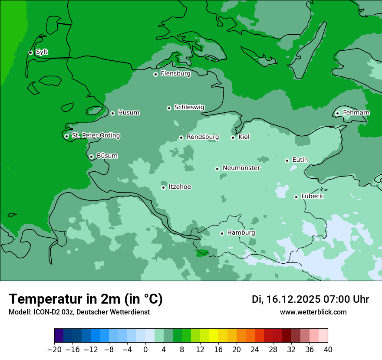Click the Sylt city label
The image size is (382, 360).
[42, 52]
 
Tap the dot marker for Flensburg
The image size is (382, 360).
[155, 74]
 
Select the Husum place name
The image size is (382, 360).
[128, 113]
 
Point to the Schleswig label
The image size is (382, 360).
[189, 107]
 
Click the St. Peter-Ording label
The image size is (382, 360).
[95, 136]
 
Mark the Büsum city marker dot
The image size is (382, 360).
[91, 157]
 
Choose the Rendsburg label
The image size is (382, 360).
[202, 137]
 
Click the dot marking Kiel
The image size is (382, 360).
[233, 137]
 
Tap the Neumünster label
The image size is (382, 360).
[241, 168]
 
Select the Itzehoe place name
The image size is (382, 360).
[180, 187]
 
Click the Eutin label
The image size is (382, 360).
[300, 160]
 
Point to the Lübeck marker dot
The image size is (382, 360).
[296, 197]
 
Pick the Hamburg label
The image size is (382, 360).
[241, 233]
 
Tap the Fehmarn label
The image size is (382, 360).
[356, 113]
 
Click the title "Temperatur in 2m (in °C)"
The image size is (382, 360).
[86, 299]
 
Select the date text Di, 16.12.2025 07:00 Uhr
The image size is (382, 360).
[310, 299]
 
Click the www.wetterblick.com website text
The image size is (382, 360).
[313, 312]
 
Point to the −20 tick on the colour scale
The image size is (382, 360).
[55, 350]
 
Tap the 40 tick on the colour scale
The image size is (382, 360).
[328, 350]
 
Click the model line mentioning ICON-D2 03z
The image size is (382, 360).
[79, 312]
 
